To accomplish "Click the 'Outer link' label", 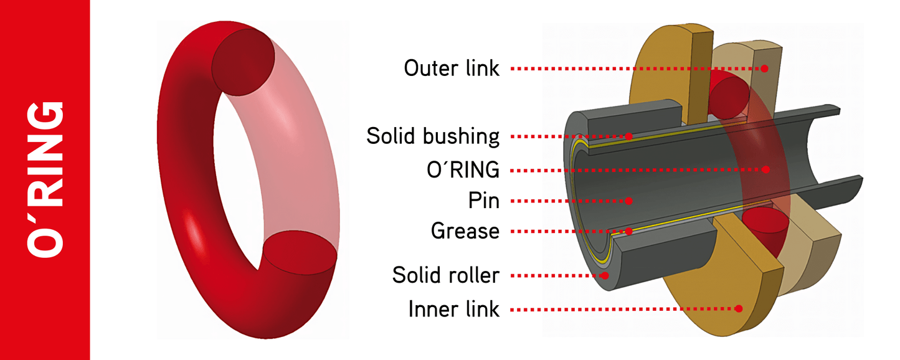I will click(x=452, y=68).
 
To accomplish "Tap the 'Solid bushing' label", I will click(x=433, y=136).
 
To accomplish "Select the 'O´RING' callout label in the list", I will click(x=460, y=169).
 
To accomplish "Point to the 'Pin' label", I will click(x=484, y=201).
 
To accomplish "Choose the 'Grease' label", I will click(x=465, y=231).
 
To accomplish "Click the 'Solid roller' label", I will click(x=446, y=275).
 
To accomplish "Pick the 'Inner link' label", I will click(x=454, y=308).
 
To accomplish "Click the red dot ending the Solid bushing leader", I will click(x=629, y=136).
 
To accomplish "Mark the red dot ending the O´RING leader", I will click(x=767, y=169).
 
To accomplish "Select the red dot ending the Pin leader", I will click(x=629, y=201).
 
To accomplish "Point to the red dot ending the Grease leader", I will click(x=629, y=231).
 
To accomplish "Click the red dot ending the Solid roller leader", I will click(x=604, y=275).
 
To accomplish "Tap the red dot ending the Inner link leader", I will click(x=739, y=308).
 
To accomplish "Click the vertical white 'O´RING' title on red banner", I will click(x=45, y=179).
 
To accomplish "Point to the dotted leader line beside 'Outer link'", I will click(x=635, y=68).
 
